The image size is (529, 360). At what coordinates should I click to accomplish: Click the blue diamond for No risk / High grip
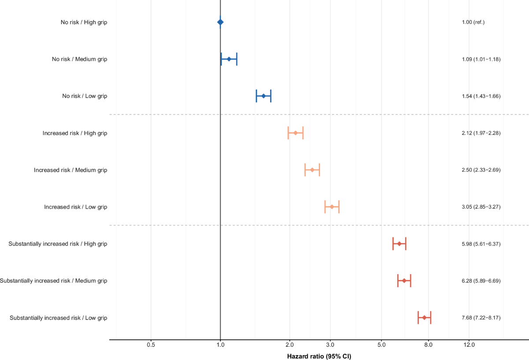point(220,22)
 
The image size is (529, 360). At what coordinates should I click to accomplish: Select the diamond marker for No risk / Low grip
point(264,96)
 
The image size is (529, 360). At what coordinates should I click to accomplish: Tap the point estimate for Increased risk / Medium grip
point(312,170)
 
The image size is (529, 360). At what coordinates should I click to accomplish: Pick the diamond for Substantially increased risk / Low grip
point(425,318)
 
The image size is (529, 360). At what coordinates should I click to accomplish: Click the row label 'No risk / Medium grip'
point(80,59)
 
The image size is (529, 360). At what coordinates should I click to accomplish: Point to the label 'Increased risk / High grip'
point(75,133)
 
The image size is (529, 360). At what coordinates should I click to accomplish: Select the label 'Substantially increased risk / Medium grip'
point(54,281)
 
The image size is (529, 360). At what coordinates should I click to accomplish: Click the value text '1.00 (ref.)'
point(473,22)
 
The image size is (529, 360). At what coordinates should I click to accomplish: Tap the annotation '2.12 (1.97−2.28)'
point(481,133)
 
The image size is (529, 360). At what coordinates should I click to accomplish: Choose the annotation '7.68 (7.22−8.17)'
point(481,318)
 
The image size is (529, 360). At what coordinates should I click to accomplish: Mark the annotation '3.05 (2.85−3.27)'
point(481,207)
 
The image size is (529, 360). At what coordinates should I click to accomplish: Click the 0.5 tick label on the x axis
point(151,345)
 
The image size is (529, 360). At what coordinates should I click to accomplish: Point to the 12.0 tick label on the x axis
point(469,345)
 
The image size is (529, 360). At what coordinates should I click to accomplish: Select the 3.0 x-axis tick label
point(330,345)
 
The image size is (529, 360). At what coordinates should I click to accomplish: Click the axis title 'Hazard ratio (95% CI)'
point(319,356)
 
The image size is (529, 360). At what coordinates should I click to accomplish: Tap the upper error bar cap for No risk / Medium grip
point(237,59)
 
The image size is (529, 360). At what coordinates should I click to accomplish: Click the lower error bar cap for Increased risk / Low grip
point(325,207)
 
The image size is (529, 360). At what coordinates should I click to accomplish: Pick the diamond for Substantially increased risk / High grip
point(399,244)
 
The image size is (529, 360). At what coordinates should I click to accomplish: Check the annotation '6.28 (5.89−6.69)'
point(481,281)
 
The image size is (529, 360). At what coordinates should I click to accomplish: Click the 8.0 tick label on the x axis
point(428,345)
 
